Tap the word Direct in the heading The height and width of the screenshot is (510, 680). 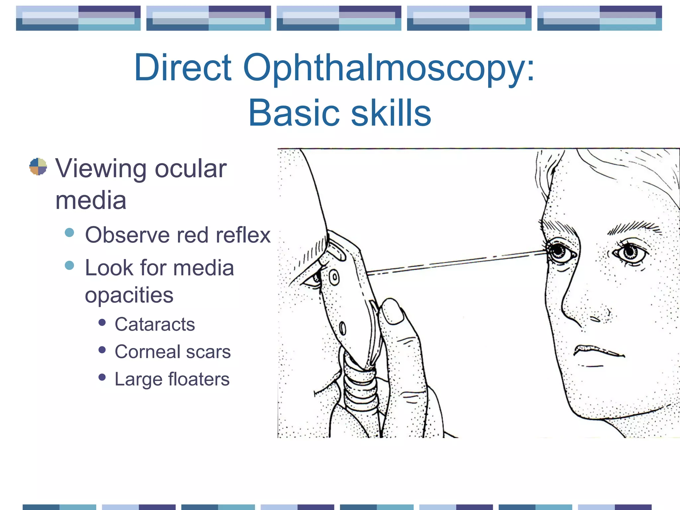pos(183,68)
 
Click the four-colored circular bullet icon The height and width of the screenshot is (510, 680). pos(38,166)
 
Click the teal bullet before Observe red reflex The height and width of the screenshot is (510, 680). pos(69,232)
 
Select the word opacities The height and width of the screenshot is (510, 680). pos(129,295)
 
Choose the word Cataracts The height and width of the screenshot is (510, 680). pos(155,324)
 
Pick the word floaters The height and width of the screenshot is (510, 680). pos(199,379)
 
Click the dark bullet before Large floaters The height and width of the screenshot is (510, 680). pos(102,377)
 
